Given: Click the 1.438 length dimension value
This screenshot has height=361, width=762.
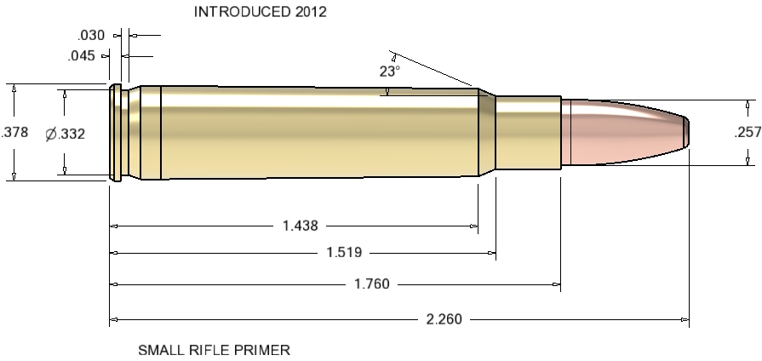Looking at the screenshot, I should coord(300,226).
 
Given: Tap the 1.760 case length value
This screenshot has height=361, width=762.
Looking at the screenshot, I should coord(371,284).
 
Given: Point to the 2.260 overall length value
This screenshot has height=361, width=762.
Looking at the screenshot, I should coord(444,319).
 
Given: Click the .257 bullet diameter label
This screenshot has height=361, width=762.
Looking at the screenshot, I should coord(746,132).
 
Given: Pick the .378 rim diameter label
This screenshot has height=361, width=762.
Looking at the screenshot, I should coord(13,132).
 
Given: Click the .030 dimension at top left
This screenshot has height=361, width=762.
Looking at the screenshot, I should coord(89,36).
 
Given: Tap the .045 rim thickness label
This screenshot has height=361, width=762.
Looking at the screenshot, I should coord(83,56).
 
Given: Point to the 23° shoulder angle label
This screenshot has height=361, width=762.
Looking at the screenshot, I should coord(389,72).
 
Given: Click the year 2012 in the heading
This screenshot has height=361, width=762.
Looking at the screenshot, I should coord(308,12).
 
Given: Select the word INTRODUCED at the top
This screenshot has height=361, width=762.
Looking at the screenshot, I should coord(241,12).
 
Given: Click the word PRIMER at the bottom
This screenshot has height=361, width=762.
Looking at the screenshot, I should coord(266,349).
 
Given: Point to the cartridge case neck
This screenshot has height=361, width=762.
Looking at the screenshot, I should coord(528,132).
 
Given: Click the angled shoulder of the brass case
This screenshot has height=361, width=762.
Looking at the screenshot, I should coord(486,132).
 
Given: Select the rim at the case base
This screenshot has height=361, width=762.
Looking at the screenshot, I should coord(112,132).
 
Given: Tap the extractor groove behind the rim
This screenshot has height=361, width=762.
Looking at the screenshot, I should coord(123,132).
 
